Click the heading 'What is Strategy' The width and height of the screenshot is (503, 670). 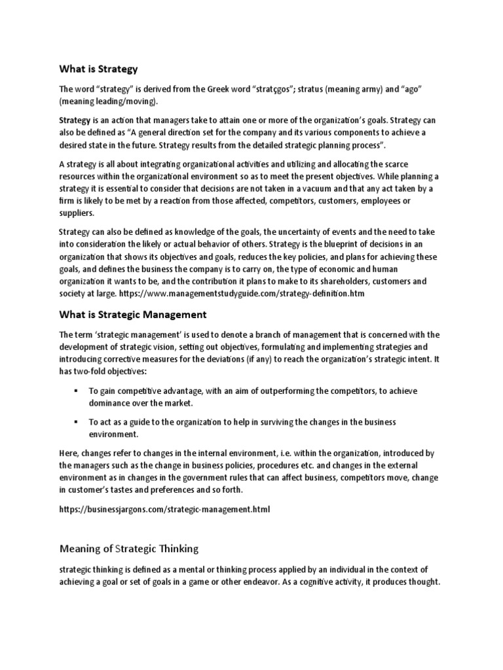coord(98,68)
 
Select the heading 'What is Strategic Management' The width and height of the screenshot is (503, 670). coord(133,315)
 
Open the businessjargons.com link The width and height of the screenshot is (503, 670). coord(164,508)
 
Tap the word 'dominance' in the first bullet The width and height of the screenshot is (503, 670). coord(111,403)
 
